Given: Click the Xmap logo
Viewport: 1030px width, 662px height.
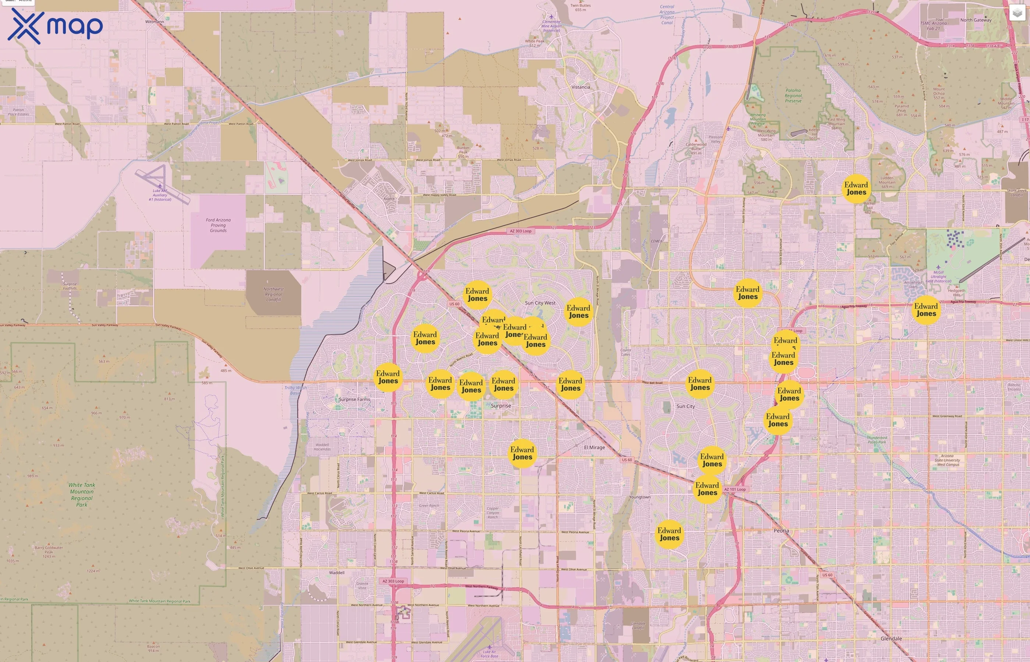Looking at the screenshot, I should tap(55, 26).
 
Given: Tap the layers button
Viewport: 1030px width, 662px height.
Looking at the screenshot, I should tap(1017, 13).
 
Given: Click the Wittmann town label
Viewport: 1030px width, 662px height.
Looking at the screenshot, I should tap(154, 21).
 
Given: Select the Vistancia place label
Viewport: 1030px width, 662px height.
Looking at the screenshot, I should tap(580, 87).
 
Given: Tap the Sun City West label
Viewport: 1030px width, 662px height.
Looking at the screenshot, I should tap(540, 303).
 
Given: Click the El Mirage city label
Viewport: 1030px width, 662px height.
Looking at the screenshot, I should tap(594, 448).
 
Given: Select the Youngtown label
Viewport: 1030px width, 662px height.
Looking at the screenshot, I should tap(639, 497).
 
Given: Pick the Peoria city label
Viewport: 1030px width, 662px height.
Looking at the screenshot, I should tap(781, 530).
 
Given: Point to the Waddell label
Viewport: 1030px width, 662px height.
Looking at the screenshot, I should tap(337, 573).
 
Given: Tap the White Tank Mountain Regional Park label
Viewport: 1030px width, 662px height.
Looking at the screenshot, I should tap(82, 495).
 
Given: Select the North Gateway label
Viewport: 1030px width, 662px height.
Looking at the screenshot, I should tap(976, 20).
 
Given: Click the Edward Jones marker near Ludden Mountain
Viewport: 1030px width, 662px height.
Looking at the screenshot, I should tap(856, 188).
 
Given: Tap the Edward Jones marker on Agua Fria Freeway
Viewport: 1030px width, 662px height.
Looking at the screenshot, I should tap(926, 310).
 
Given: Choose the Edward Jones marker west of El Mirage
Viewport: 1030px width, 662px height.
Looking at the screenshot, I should tap(522, 453).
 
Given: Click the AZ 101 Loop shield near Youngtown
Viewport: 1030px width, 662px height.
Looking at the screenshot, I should tap(735, 489).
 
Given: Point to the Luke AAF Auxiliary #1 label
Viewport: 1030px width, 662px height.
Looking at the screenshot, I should tap(160, 195).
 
